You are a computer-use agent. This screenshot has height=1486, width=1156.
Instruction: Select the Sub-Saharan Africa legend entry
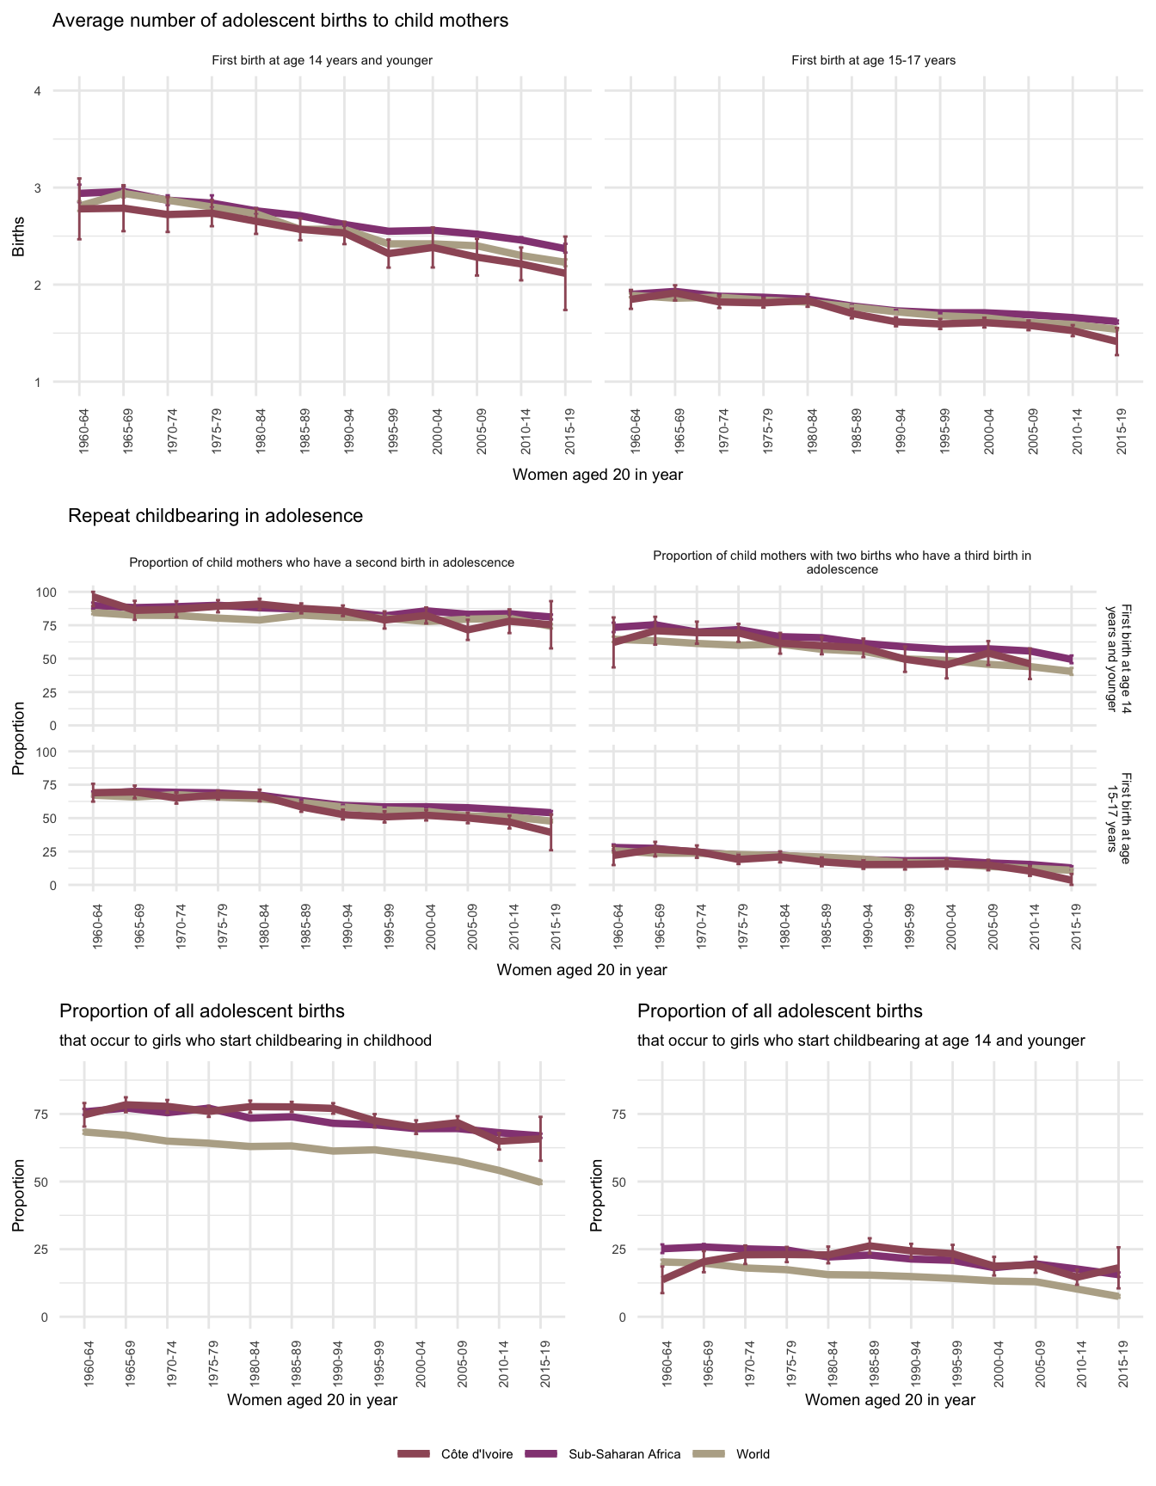(624, 1454)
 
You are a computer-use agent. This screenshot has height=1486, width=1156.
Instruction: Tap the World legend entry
(753, 1454)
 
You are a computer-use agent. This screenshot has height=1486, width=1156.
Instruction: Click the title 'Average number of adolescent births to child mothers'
(280, 21)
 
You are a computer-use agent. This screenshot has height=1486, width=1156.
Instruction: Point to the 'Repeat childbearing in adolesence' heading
(215, 516)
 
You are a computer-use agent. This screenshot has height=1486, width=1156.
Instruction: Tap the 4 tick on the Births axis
(37, 91)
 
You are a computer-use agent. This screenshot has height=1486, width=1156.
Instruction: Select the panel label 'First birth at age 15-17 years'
(873, 61)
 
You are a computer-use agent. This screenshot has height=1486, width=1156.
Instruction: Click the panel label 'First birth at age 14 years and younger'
(322, 61)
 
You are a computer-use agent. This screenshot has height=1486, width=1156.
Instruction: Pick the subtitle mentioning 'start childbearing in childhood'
(245, 1041)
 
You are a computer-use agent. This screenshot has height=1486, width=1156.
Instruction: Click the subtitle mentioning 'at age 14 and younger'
(861, 1041)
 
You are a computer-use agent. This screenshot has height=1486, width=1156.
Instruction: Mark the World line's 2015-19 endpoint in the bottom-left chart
(540, 1182)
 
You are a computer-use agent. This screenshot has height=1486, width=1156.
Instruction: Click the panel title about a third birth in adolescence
(841, 562)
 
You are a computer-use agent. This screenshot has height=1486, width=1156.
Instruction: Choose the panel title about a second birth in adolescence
(322, 563)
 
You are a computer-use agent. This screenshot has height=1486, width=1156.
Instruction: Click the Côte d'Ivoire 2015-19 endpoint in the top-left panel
(565, 273)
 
